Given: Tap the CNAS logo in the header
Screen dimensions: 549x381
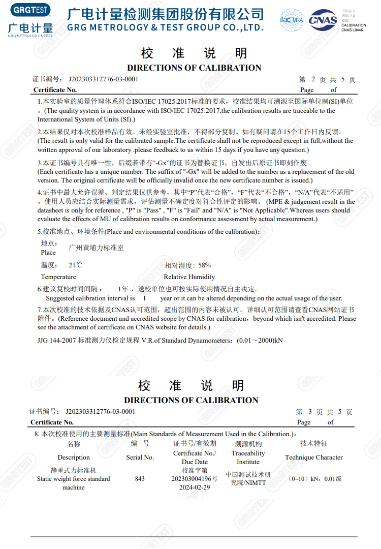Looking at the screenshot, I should click(x=323, y=20).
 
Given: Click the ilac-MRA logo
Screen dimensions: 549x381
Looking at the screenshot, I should click(x=291, y=20).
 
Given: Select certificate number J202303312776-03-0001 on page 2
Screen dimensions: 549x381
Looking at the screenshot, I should click(x=100, y=79).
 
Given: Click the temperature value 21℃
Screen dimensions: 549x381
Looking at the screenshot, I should click(x=75, y=265).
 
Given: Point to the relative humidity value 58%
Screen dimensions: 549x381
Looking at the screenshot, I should click(x=204, y=265).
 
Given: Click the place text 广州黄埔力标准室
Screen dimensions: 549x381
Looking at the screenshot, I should click(x=96, y=248).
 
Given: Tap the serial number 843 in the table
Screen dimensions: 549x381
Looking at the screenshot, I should click(x=140, y=479).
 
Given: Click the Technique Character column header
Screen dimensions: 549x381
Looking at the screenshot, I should click(x=314, y=457).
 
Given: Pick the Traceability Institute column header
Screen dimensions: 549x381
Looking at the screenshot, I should click(x=248, y=457).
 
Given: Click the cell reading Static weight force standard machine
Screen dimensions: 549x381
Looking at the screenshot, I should click(x=73, y=479).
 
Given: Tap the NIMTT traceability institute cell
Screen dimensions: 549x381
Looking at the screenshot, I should click(x=248, y=479).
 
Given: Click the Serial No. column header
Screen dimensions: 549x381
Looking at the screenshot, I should click(x=140, y=457).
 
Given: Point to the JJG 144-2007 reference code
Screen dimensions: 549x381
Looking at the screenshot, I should click(x=56, y=340).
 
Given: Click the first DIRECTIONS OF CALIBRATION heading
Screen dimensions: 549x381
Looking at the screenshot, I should click(x=194, y=68).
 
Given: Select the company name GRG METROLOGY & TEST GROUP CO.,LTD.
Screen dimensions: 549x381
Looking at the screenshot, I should click(x=165, y=27).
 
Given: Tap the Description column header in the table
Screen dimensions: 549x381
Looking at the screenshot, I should click(x=73, y=457).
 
